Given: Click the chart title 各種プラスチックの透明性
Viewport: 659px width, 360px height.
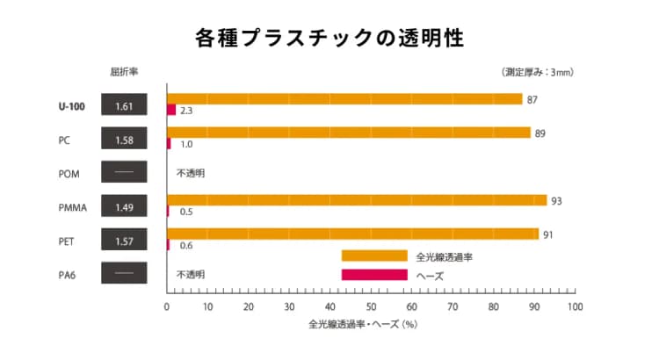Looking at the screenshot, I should point(329,39).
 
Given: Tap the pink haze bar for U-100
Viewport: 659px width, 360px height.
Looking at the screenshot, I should point(171,111).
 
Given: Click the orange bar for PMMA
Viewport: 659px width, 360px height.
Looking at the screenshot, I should point(357,200).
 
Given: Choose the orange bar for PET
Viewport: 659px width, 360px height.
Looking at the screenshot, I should point(352,234).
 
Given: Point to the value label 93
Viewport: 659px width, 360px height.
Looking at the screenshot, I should point(556,200).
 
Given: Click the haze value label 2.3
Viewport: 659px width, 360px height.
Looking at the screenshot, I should point(186,112).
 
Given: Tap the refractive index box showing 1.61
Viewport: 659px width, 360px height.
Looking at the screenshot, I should point(124,107).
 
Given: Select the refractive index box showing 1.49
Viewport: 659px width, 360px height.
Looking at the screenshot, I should point(124,207).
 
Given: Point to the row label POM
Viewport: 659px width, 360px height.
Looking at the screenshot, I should point(69,174).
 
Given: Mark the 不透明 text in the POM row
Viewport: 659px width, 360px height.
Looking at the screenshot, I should point(191,174).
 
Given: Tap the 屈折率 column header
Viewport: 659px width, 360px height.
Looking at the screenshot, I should point(123,71).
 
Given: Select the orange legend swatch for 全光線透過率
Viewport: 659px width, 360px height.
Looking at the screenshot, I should point(374,256).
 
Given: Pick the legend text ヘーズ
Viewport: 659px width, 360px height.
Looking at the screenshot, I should point(429,276).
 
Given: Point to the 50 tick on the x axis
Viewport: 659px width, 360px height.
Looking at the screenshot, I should point(371,307).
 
